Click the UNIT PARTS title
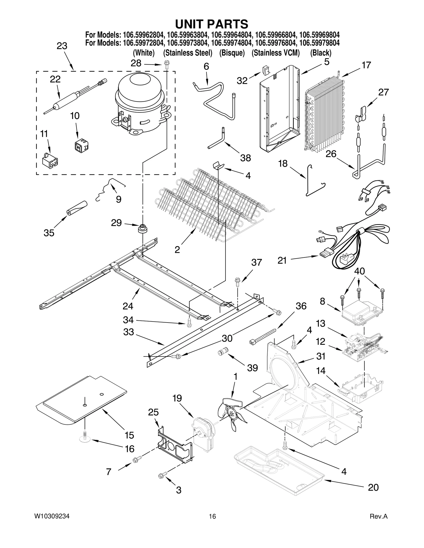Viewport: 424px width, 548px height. click(x=212, y=24)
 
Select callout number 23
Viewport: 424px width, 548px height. click(x=62, y=46)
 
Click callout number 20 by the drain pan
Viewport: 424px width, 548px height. click(x=373, y=487)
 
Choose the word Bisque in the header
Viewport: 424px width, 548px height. click(x=232, y=53)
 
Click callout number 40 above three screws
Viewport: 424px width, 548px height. click(x=359, y=271)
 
